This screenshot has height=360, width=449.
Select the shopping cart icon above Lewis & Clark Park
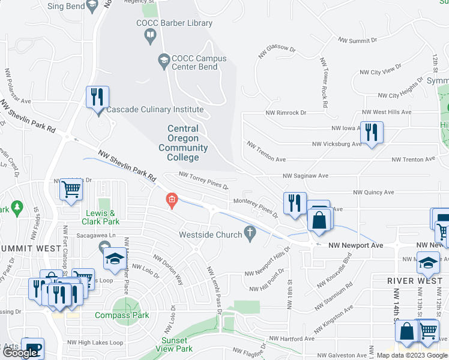pos(71,190)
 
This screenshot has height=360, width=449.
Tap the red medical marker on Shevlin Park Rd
pos(172,199)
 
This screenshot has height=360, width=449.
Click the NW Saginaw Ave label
pos(306,176)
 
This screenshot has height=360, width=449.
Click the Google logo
pos(20,353)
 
